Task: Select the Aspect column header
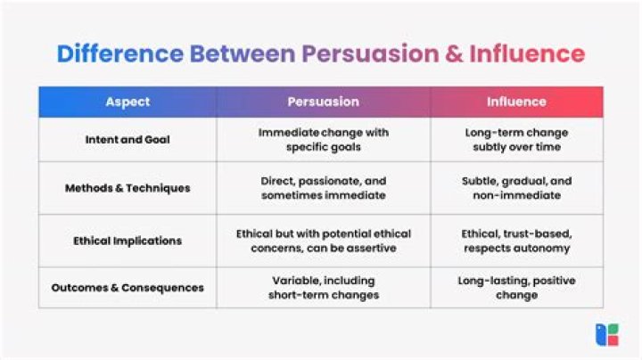click(128, 102)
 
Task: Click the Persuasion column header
click(323, 102)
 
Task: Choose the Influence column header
click(516, 102)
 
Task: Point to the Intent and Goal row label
click(128, 140)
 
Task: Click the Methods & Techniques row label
click(128, 188)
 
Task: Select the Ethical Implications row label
click(128, 241)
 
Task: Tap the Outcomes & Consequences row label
click(128, 288)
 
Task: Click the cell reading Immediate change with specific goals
click(323, 140)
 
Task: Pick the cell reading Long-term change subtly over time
click(516, 140)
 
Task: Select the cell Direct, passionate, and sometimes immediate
click(323, 188)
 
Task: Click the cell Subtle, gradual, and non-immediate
click(516, 188)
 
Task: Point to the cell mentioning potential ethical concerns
click(323, 241)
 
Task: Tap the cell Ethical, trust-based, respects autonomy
click(516, 241)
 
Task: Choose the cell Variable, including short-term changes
click(323, 288)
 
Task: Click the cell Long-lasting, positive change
click(516, 288)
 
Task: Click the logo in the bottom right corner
click(607, 335)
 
